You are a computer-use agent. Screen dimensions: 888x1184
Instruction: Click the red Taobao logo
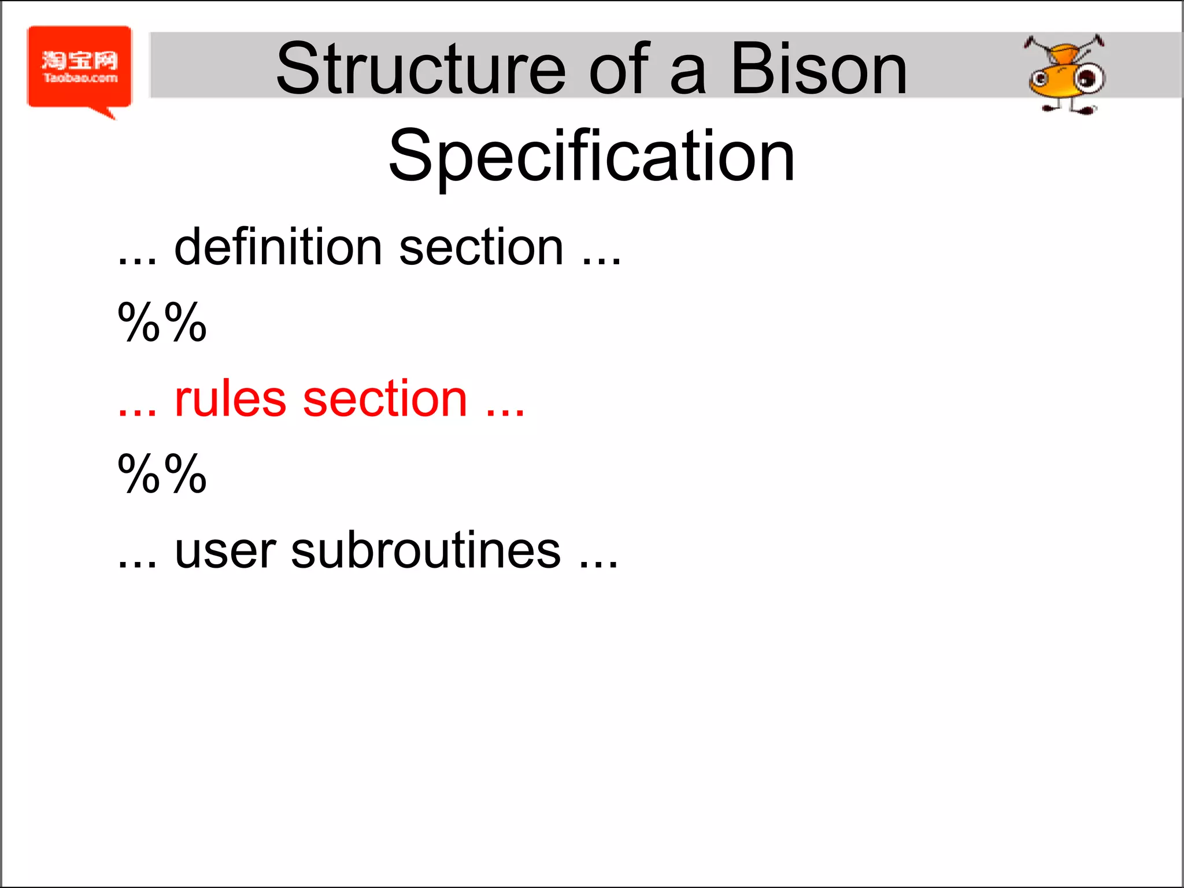pos(80,68)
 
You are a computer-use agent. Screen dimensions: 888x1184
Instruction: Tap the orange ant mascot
pos(1065,75)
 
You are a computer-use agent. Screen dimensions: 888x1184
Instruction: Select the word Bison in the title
pos(819,69)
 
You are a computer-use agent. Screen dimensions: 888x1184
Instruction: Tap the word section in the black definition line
pos(481,247)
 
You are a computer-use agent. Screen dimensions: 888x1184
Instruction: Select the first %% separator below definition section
pos(162,323)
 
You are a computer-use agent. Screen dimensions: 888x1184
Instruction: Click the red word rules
pos(230,399)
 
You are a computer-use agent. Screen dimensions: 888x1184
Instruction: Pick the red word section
pos(385,399)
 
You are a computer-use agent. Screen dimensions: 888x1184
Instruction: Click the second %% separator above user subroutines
pos(162,474)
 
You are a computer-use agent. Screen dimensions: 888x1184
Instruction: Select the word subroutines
pos(425,551)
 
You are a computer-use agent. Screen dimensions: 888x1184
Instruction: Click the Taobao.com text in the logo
pos(80,78)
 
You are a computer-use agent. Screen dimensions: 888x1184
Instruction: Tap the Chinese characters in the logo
pos(80,60)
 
